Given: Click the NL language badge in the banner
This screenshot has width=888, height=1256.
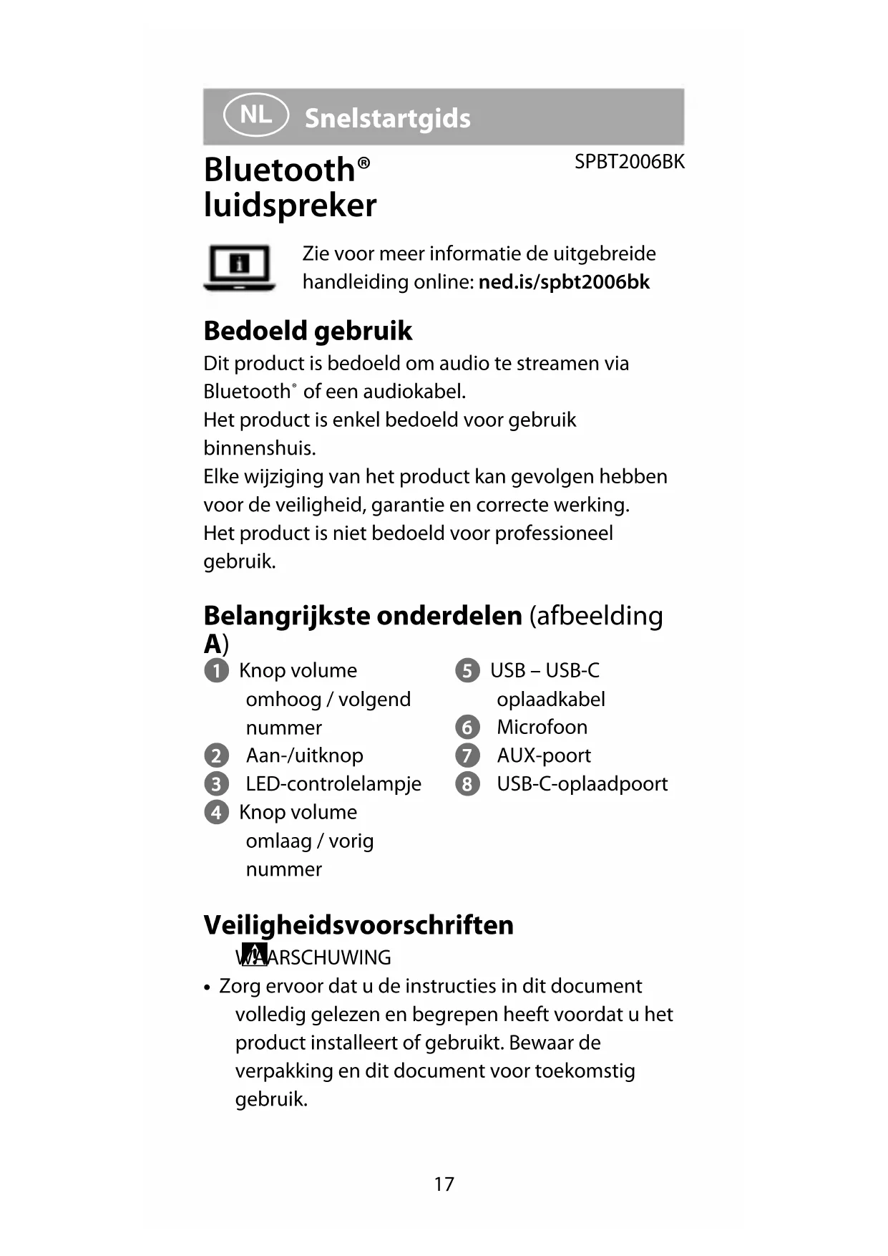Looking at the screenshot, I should (255, 115).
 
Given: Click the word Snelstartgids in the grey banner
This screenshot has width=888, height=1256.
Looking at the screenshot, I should (387, 118).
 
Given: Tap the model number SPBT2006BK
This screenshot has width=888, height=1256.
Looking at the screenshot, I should (629, 162).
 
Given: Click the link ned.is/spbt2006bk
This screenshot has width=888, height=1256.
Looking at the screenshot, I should (564, 282).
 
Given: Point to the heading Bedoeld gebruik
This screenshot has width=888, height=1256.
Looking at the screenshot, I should (308, 331).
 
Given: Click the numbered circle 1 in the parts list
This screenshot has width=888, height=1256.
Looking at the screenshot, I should (216, 671).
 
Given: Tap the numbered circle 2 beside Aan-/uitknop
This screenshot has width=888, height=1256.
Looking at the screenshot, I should (216, 755).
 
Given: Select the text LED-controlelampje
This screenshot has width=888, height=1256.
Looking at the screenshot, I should (333, 783).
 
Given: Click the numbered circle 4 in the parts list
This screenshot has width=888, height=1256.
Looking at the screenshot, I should (216, 813).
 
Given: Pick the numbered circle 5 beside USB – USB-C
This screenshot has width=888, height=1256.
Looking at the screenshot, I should (467, 671).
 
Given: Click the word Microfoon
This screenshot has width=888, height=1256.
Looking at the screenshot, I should (542, 727).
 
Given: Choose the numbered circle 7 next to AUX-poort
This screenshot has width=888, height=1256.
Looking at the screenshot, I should (467, 755).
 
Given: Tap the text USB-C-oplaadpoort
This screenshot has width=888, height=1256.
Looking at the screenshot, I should (582, 783).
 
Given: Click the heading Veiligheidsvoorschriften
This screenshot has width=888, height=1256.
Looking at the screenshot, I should (358, 924).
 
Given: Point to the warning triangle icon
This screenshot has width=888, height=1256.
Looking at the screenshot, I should (253, 955).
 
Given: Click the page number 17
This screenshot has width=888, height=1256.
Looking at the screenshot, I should (444, 1184).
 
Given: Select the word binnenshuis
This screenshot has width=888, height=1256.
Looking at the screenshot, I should (259, 448).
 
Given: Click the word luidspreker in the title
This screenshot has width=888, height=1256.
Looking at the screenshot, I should (290, 206).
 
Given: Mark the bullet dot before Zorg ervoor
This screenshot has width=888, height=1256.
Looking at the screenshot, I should (208, 987).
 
